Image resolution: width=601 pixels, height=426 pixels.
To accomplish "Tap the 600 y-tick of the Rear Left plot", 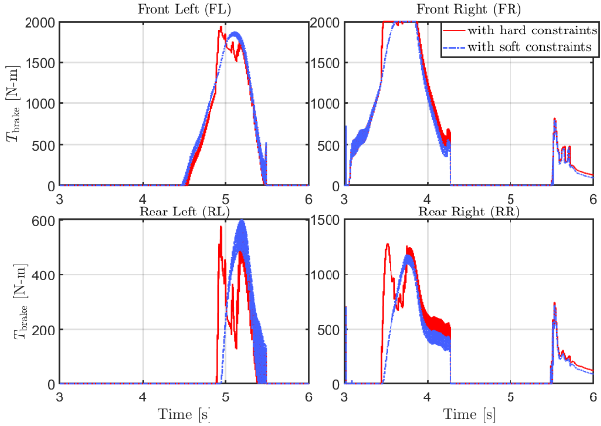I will (43, 220).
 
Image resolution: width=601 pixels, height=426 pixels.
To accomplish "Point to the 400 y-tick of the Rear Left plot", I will (43, 274).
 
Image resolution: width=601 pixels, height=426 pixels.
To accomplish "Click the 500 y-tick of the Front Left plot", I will (43, 145).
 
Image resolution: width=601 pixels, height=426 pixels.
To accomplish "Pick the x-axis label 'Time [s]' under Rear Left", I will (184, 415).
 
